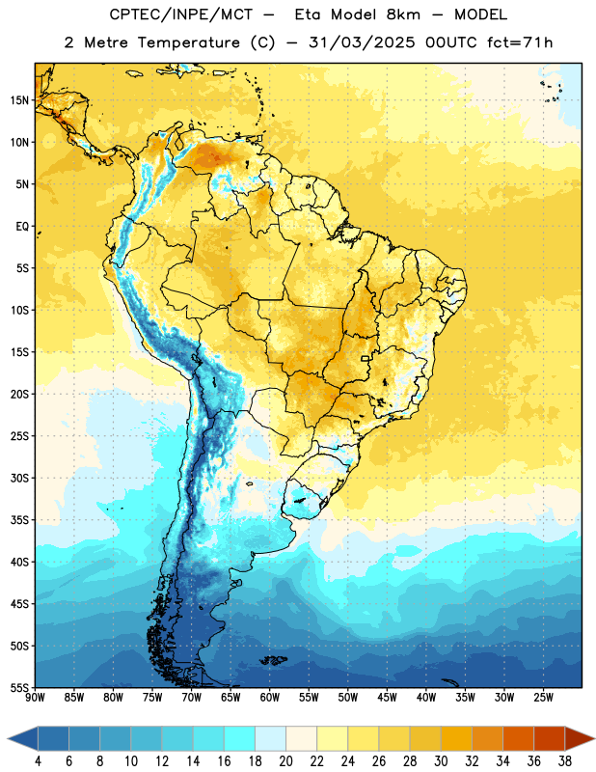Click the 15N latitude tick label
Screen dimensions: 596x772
click(x=19, y=100)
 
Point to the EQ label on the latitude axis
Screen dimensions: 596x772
click(x=22, y=227)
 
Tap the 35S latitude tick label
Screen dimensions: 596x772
click(x=19, y=520)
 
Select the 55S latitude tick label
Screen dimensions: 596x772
click(x=19, y=688)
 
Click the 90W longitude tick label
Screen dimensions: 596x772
click(x=35, y=698)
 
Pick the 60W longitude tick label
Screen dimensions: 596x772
click(x=270, y=698)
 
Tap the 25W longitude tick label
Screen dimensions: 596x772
click(x=543, y=698)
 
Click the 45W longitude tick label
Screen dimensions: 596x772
click(x=387, y=698)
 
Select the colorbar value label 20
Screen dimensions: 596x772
click(x=285, y=761)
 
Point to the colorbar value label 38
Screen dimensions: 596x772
click(x=565, y=761)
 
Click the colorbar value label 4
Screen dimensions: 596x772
click(x=38, y=761)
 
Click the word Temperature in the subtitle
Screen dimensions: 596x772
click(x=188, y=42)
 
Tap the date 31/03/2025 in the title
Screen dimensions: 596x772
click(x=362, y=42)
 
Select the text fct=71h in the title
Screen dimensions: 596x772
click(x=520, y=42)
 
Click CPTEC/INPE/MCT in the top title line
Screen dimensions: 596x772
click(x=180, y=15)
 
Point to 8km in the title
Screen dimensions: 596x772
click(x=403, y=14)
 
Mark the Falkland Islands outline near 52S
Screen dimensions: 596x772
click(x=273, y=660)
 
